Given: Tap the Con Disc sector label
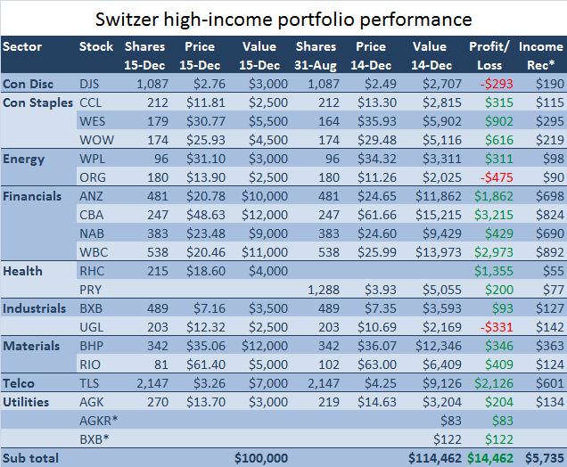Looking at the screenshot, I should [x=27, y=83].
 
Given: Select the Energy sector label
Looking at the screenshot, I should [x=24, y=159].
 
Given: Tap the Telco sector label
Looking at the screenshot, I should [x=21, y=382].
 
